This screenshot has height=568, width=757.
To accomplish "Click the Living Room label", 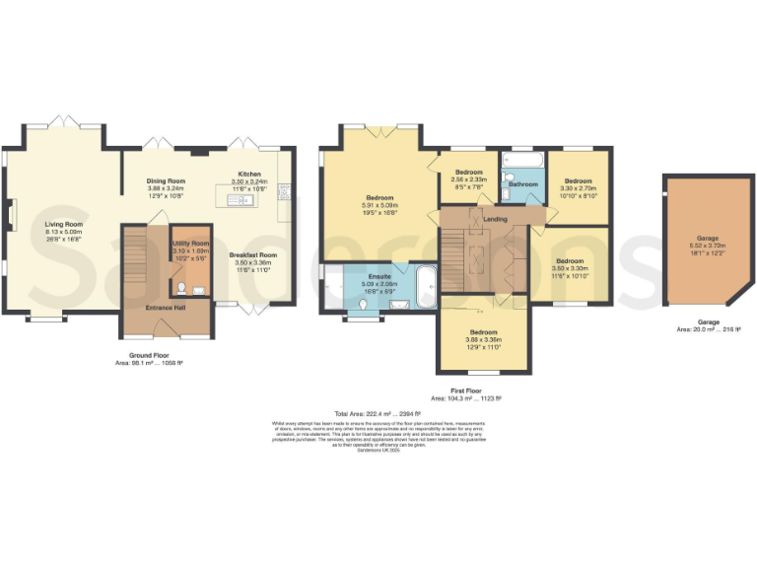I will click(61, 225).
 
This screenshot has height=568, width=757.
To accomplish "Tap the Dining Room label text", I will click(166, 181).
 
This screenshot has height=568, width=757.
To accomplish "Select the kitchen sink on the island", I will click(240, 201).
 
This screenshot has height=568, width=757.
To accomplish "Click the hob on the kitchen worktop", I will click(284, 189).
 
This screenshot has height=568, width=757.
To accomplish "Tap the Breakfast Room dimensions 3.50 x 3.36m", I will click(252, 262).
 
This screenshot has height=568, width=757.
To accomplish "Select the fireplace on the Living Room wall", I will click(14, 212).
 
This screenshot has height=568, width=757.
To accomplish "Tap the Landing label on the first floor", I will click(495, 218).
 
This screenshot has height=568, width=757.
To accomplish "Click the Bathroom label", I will click(523, 184).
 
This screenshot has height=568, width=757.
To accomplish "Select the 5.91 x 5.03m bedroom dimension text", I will click(379, 205).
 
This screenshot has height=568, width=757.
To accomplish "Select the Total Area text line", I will click(378, 413).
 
